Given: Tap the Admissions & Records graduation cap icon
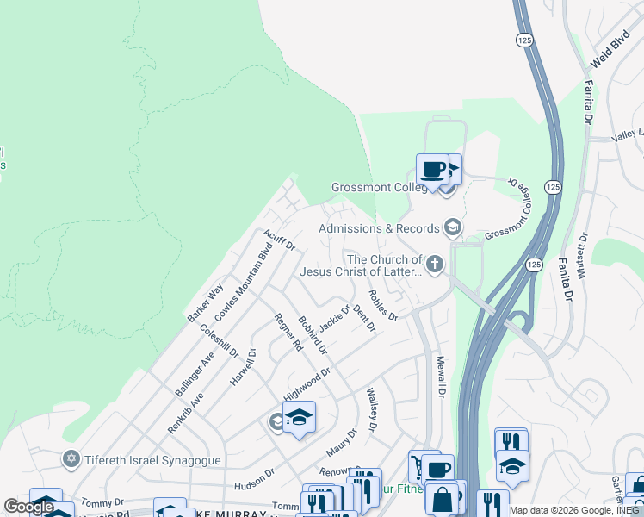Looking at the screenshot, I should point(451,228).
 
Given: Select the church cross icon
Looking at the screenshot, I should point(435,265).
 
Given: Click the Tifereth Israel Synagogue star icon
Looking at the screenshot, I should point(72,458).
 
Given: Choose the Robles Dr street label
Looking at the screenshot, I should point(382,304).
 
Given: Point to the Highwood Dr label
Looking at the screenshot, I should point(307,385).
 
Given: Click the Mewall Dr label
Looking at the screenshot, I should point(440,377).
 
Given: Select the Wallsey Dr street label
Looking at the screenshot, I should point(372,409).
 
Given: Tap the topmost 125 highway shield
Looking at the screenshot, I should point(523,40).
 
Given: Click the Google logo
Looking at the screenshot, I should point(29,507).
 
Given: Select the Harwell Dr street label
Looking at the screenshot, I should point(244,366).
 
